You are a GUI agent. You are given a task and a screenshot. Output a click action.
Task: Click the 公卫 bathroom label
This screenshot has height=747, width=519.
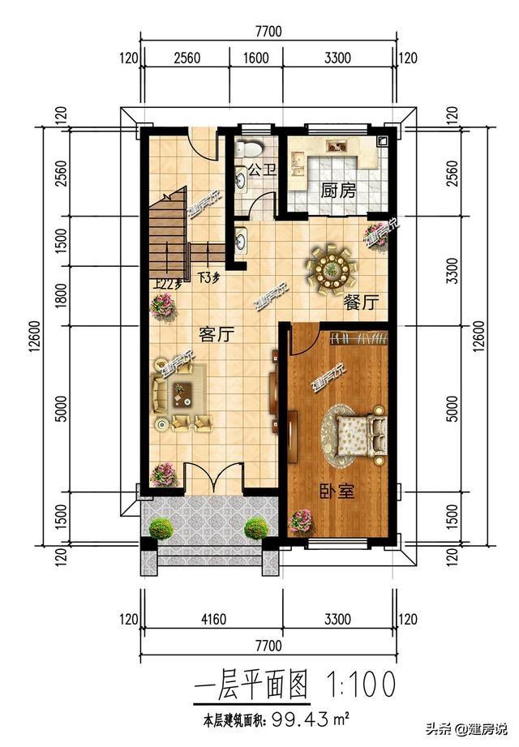[258, 170]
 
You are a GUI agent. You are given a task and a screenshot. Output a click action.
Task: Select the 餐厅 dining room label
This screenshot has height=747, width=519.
[361, 303]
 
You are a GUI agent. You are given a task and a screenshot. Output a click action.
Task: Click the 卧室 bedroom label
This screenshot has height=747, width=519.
[335, 492]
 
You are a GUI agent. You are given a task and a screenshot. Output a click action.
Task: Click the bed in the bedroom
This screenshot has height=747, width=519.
[358, 434]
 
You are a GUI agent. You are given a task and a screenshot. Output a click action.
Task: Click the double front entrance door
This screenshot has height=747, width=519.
[212, 478]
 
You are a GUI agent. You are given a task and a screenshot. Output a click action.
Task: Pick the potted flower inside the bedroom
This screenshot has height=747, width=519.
[302, 520]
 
